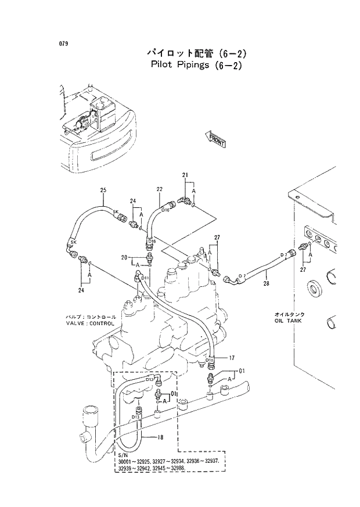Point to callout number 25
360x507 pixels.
(x=103, y=190)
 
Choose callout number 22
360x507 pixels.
(x=159, y=189)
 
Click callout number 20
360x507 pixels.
(x=124, y=257)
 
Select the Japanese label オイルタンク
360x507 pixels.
(x=290, y=314)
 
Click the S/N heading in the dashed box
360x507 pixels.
(x=122, y=455)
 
